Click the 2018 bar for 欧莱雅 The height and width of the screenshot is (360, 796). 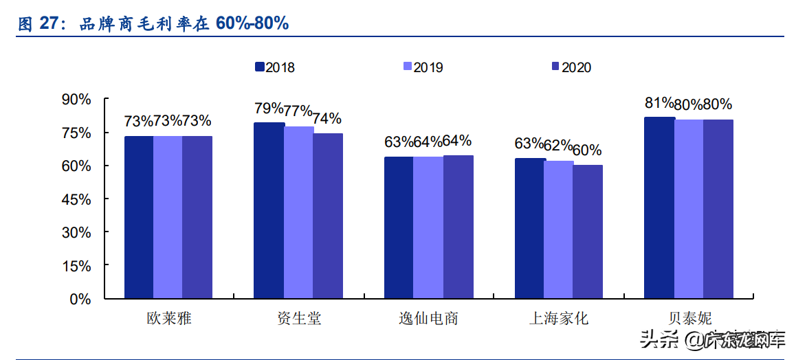(139, 217)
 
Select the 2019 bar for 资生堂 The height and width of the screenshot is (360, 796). (298, 212)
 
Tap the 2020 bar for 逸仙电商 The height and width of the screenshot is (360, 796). (458, 227)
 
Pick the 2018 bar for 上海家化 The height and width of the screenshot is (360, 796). (529, 228)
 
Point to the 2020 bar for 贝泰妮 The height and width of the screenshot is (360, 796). (718, 209)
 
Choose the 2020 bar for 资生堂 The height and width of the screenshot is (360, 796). (328, 216)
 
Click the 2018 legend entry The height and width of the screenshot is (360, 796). (274, 67)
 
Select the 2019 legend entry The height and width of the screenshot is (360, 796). (423, 67)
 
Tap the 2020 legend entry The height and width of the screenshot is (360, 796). (571, 67)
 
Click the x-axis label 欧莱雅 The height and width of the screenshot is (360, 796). (168, 319)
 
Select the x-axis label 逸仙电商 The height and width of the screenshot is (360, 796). (428, 319)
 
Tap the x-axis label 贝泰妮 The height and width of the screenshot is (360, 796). (689, 319)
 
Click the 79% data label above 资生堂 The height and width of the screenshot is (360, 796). (268, 108)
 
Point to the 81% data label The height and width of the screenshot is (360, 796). (659, 103)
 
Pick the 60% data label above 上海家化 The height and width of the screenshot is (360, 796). (587, 150)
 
